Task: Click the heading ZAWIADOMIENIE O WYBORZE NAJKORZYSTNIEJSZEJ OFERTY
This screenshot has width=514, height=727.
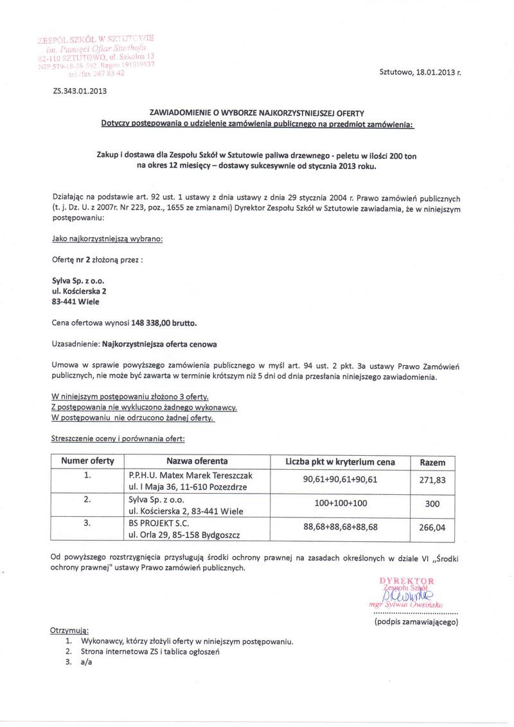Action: click(257, 113)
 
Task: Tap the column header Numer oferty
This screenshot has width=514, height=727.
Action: click(87, 462)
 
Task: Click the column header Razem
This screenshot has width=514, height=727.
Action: click(432, 462)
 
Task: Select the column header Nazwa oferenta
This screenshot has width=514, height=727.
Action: click(197, 462)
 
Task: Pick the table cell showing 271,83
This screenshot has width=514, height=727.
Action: click(432, 480)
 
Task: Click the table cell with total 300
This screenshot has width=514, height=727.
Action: click(432, 505)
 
